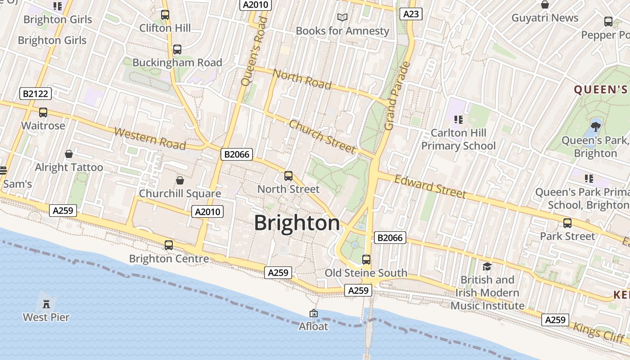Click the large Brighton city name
(x=297, y=223)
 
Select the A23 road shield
(x=411, y=14)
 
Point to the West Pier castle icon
(x=46, y=304)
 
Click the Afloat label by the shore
(x=314, y=326)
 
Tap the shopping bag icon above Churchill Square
(x=180, y=180)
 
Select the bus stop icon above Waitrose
(x=43, y=112)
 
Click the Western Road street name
(x=150, y=138)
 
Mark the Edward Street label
(x=430, y=186)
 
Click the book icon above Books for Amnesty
(x=342, y=17)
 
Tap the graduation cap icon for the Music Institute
(x=487, y=267)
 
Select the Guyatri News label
(x=545, y=18)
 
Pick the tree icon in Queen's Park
(x=596, y=126)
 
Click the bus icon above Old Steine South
(x=366, y=259)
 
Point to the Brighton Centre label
(x=169, y=259)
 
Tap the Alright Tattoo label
(x=69, y=167)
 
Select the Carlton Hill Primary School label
(x=459, y=139)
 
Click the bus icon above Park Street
(x=567, y=223)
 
